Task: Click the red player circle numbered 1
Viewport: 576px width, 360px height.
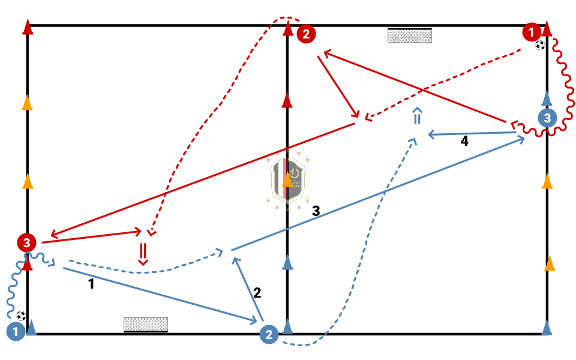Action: pos(531,31)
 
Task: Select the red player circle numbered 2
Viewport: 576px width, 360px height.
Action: pos(306,34)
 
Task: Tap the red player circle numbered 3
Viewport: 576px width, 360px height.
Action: pos(26,242)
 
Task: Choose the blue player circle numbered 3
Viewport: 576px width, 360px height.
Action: pos(547,118)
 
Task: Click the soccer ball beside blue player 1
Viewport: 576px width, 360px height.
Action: pos(22,316)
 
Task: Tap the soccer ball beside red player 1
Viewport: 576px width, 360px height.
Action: pos(541,45)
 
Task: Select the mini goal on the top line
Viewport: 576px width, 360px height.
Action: pos(410,35)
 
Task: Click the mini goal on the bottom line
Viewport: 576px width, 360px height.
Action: pos(145,325)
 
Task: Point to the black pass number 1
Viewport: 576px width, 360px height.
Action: pos(91,284)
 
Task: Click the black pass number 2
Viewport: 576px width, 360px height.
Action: pos(257,293)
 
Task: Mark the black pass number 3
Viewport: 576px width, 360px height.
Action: pos(316,211)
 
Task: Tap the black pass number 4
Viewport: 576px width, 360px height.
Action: pos(464,142)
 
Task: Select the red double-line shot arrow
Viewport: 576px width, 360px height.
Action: pos(143,253)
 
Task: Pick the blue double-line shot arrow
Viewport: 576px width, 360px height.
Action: pos(418,116)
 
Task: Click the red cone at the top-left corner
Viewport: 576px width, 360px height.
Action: pos(27,28)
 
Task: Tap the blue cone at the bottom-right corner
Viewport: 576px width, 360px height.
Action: pos(547,327)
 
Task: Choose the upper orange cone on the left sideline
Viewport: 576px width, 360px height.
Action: pos(27,103)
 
